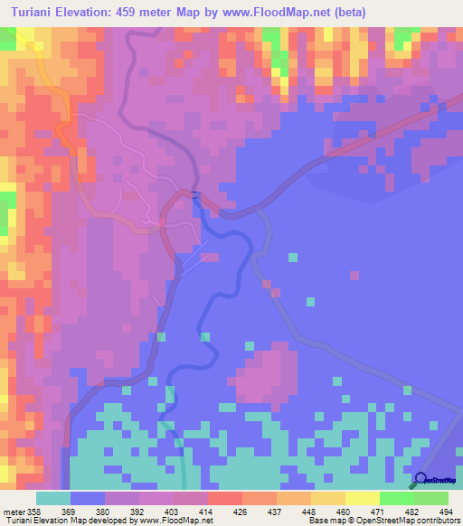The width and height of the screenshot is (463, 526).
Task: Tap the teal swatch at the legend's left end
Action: (53, 499)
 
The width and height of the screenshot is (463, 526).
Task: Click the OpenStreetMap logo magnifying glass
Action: (420, 480)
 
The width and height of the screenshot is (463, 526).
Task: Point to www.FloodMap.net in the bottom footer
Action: (182, 520)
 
